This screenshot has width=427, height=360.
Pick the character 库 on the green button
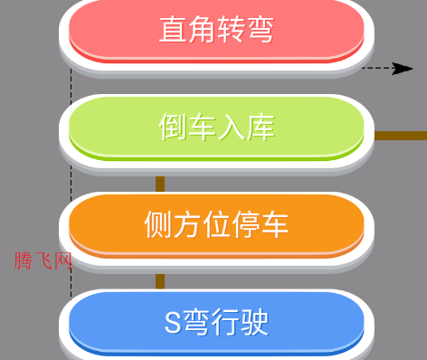[260, 128]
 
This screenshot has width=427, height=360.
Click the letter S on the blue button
[173, 321]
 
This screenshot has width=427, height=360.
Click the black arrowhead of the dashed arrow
[404, 68]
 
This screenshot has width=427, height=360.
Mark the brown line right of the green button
[399, 136]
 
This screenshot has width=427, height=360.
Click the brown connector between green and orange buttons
[160, 184]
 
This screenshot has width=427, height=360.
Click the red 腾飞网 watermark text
[43, 261]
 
